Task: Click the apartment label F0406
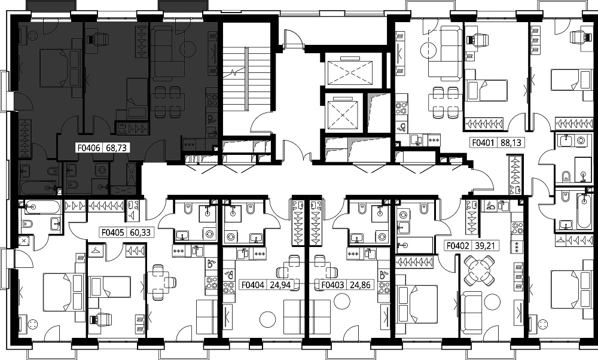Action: tap(89, 148)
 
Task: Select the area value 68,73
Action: tap(116, 148)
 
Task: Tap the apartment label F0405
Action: tap(112, 232)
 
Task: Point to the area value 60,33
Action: tap(140, 232)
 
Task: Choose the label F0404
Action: tap(253, 285)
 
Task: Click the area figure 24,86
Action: tap(359, 285)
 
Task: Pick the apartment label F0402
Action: tap(458, 246)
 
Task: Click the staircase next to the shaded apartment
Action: tap(236, 79)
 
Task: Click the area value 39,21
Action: tap(485, 246)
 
